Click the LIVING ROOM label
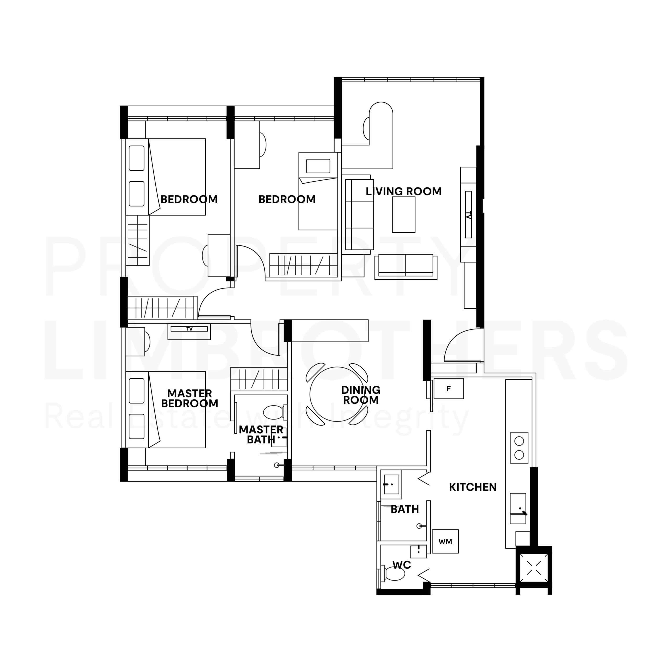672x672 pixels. pyautogui.click(x=403, y=191)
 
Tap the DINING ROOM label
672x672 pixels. pyautogui.click(x=361, y=395)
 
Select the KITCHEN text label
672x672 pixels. pyautogui.click(x=473, y=487)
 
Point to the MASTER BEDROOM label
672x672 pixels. pyautogui.click(x=190, y=398)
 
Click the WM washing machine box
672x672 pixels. pyautogui.click(x=445, y=541)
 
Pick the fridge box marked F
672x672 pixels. pyautogui.click(x=449, y=388)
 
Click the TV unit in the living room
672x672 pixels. pyautogui.click(x=468, y=215)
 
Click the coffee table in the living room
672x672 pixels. pyautogui.click(x=403, y=215)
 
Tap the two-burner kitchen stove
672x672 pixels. pyautogui.click(x=519, y=448)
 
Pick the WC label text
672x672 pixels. pyautogui.click(x=402, y=565)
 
